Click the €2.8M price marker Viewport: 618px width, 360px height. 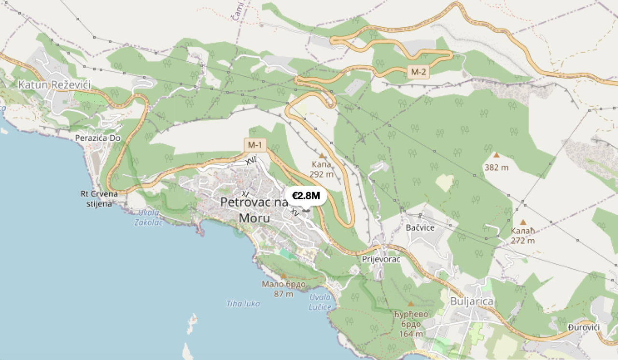(x=306, y=196)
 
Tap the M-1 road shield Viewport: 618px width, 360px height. (x=254, y=144)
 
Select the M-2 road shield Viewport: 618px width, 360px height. (x=418, y=72)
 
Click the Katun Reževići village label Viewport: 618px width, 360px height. (x=55, y=85)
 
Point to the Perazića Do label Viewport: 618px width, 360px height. (x=98, y=138)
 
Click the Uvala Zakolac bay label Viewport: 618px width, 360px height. (x=149, y=218)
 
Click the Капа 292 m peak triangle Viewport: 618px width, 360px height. (x=322, y=155)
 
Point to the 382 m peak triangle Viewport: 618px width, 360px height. (x=496, y=155)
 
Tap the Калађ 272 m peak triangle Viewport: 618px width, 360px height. (x=523, y=222)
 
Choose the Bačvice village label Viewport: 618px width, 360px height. (x=420, y=228)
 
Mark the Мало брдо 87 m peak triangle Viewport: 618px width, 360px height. (x=283, y=275)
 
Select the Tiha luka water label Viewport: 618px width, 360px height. (x=243, y=304)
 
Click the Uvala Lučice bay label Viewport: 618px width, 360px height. (x=321, y=302)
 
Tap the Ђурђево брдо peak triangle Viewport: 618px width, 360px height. (x=410, y=304)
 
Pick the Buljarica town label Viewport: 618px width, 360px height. (x=472, y=302)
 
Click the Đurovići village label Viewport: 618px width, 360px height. (x=583, y=328)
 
